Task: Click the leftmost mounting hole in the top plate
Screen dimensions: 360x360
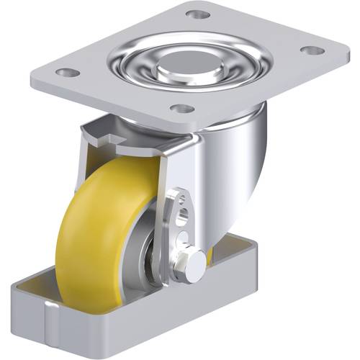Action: pyautogui.click(x=66, y=73)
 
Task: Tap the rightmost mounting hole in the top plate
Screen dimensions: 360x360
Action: pyautogui.click(x=311, y=50)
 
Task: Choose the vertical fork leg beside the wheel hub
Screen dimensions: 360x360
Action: pyautogui.click(x=171, y=230)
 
